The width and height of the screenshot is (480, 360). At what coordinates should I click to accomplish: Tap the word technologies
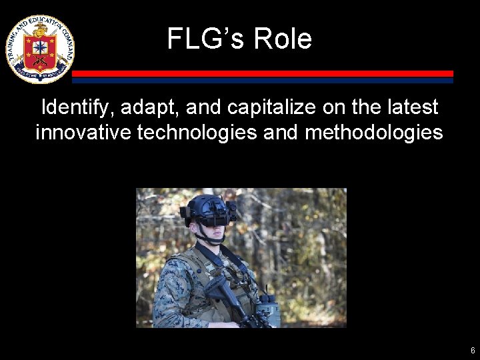coord(197,132)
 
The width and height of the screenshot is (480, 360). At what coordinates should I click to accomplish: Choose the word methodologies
coord(373,132)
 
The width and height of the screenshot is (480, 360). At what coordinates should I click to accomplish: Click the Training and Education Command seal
coord(39,49)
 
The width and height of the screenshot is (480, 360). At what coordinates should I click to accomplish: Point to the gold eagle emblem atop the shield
coord(39,30)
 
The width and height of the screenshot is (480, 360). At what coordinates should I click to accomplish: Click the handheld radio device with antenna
coord(268,307)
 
